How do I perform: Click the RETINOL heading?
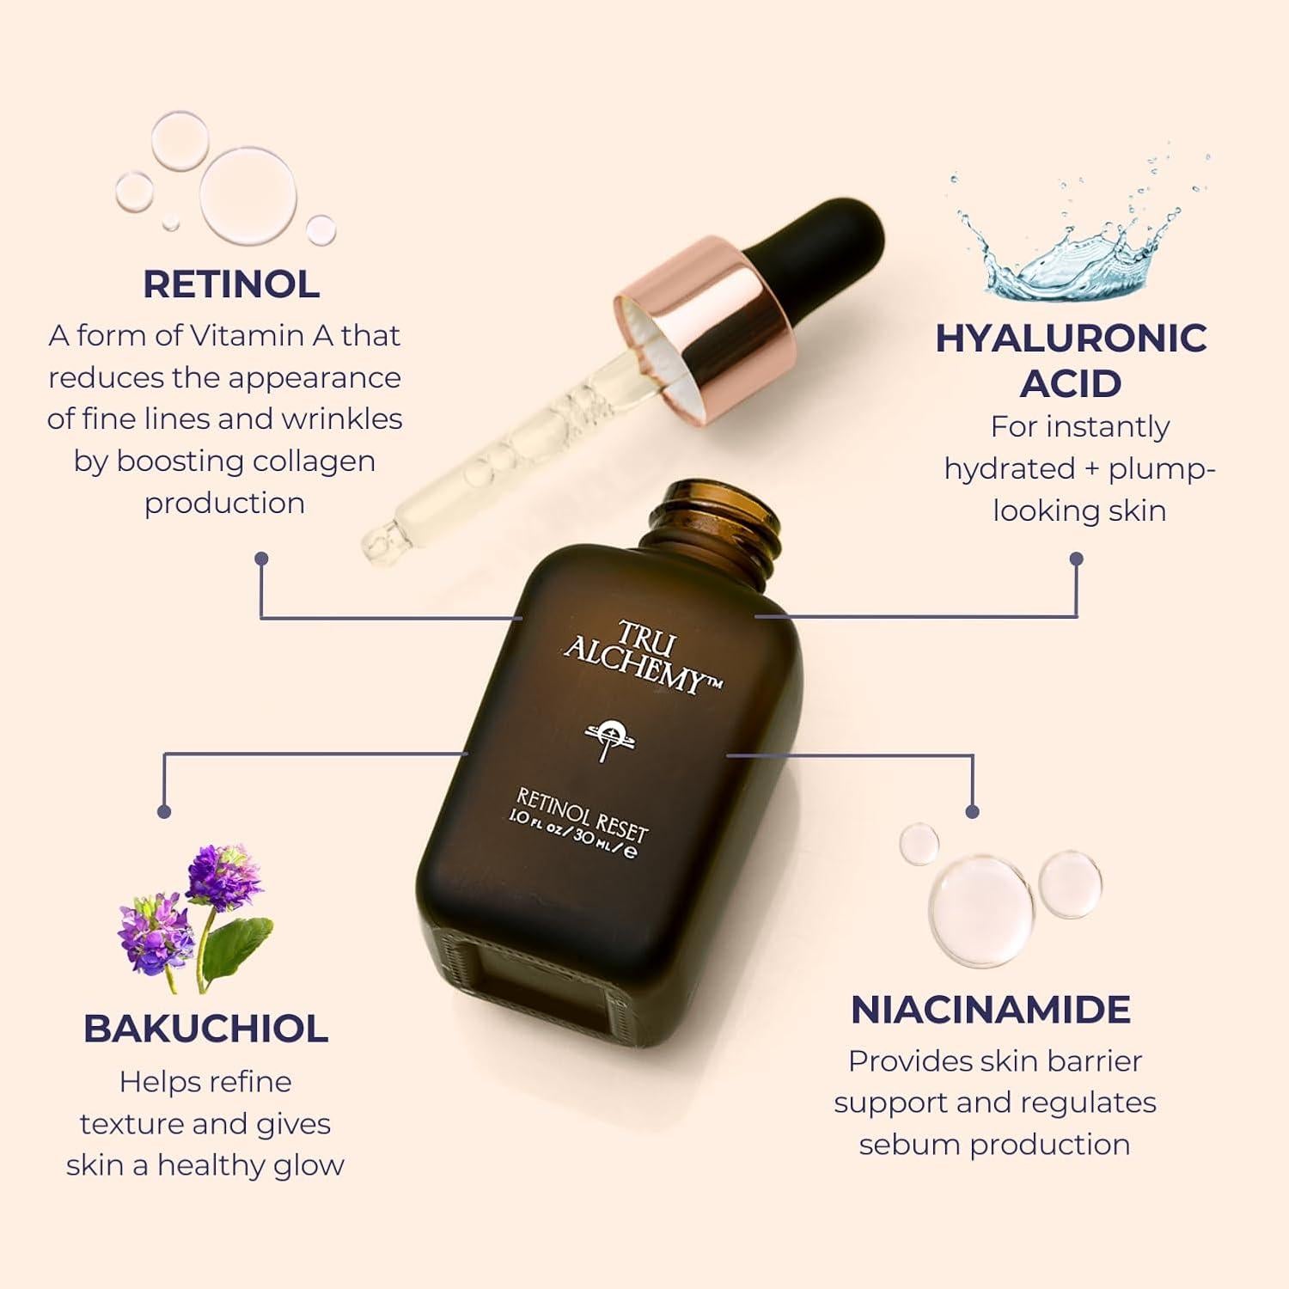click(x=231, y=284)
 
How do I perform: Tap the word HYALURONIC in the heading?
click(x=1071, y=338)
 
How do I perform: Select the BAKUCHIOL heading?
click(x=205, y=1029)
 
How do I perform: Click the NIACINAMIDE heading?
click(x=990, y=1010)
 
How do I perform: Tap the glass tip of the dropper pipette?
click(x=376, y=542)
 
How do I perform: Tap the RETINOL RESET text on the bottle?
click(x=582, y=813)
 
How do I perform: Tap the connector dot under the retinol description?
click(x=261, y=559)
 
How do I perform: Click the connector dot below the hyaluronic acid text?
click(x=1076, y=559)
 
